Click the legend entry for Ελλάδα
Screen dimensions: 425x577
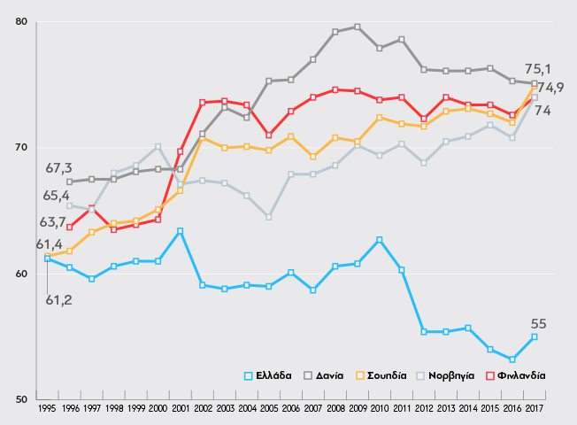click(x=271, y=375)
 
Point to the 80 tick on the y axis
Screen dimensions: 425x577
click(x=22, y=22)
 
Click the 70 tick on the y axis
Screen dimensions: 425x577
click(x=22, y=148)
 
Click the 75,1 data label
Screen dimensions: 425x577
click(x=540, y=67)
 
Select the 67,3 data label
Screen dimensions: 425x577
click(x=58, y=168)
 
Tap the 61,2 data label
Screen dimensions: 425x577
click(x=58, y=300)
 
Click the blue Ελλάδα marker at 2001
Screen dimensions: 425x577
click(x=181, y=231)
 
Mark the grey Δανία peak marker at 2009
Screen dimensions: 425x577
click(x=358, y=27)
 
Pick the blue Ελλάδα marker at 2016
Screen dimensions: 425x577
click(x=512, y=359)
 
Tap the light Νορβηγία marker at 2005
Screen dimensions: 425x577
click(x=269, y=217)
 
